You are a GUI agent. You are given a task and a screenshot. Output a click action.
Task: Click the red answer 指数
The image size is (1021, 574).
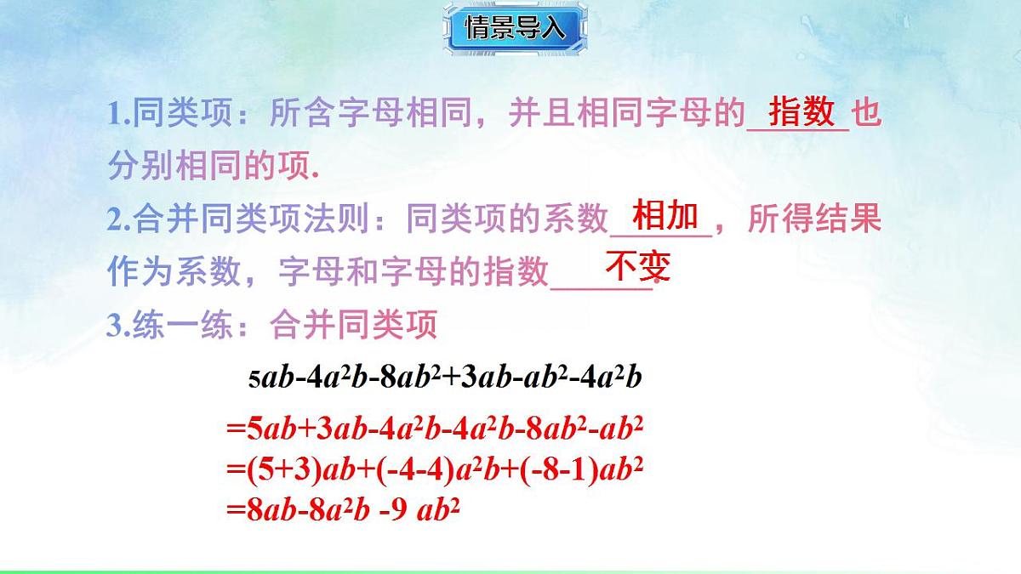(x=801, y=111)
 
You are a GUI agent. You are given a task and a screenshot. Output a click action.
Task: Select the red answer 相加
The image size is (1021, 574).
(x=665, y=216)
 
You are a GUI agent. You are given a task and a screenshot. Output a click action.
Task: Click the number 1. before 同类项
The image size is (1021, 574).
(x=118, y=116)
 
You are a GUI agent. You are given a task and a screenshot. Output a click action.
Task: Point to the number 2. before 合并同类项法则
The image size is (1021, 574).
(x=118, y=221)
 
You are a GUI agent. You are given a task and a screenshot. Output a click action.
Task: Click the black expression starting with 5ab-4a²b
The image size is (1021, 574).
(x=444, y=378)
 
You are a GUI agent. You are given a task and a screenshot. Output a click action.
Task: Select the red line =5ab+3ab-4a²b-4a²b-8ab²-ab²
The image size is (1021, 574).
(x=434, y=430)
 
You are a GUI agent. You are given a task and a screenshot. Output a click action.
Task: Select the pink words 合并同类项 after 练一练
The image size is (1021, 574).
(x=352, y=325)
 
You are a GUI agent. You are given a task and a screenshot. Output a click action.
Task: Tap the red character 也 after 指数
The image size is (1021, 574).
(x=867, y=114)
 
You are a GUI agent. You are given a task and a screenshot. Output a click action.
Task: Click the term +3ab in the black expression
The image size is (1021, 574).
(x=482, y=378)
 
